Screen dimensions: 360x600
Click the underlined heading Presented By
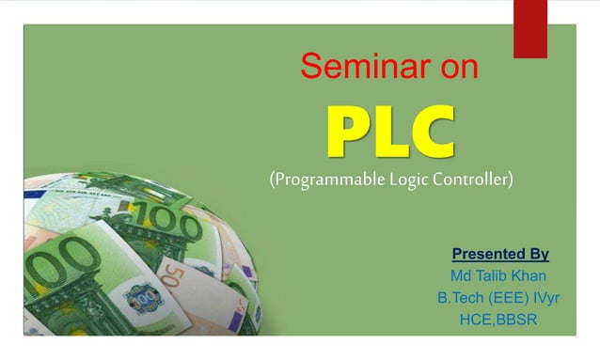coord(500,254)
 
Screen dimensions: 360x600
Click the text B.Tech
coord(459,299)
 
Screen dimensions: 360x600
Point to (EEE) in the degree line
coord(508,299)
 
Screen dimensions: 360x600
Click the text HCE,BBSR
coord(499,321)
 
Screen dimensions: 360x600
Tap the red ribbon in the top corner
coord(530,26)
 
